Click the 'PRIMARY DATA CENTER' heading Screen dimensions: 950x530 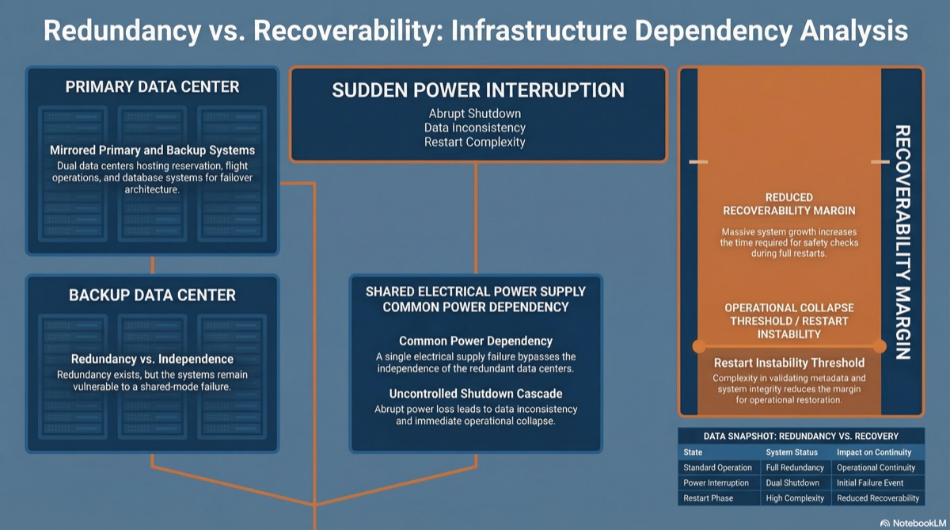tap(152, 87)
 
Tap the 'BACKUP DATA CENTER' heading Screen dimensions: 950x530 tap(152, 296)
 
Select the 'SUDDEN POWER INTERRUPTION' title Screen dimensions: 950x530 tap(478, 90)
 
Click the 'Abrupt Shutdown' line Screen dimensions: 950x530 tap(474, 114)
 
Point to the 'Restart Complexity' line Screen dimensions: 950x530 tap(474, 142)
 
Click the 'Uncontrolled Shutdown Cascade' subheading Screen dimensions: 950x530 tap(476, 394)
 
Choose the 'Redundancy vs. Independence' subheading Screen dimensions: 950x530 tap(152, 359)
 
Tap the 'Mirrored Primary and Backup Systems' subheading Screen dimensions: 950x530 tap(152, 151)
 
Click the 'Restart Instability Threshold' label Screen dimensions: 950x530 tap(789, 363)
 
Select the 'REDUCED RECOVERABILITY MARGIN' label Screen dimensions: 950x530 tap(789, 204)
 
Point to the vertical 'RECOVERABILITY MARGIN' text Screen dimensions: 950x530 tap(902, 242)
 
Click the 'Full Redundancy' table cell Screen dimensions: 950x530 tap(795, 467)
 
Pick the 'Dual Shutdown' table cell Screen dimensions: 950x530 tap(792, 483)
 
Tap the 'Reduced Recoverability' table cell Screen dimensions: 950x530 tap(878, 498)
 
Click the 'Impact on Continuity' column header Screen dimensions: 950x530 tap(874, 452)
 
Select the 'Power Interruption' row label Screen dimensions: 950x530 tap(716, 483)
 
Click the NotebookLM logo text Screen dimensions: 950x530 tap(919, 523)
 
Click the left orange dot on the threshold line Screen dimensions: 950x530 tap(699, 346)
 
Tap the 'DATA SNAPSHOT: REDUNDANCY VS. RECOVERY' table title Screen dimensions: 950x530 tap(800, 437)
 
